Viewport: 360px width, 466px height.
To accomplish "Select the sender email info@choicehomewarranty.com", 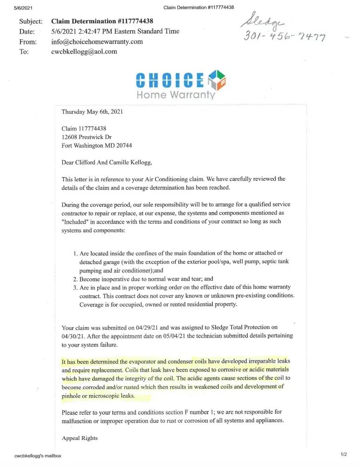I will click(x=97, y=41).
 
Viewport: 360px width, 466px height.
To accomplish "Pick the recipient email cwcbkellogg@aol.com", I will click(x=84, y=52).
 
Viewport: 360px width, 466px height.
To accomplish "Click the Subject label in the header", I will click(x=31, y=21).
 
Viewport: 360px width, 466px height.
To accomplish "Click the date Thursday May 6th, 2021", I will click(x=92, y=112).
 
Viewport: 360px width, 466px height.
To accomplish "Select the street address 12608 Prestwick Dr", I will click(x=87, y=137).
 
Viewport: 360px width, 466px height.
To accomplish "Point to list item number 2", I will click(x=75, y=279).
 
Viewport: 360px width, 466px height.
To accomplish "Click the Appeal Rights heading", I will click(x=80, y=438).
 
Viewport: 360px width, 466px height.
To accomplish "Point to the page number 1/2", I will click(x=344, y=453).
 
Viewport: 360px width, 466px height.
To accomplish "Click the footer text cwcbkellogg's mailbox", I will click(x=38, y=455).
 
